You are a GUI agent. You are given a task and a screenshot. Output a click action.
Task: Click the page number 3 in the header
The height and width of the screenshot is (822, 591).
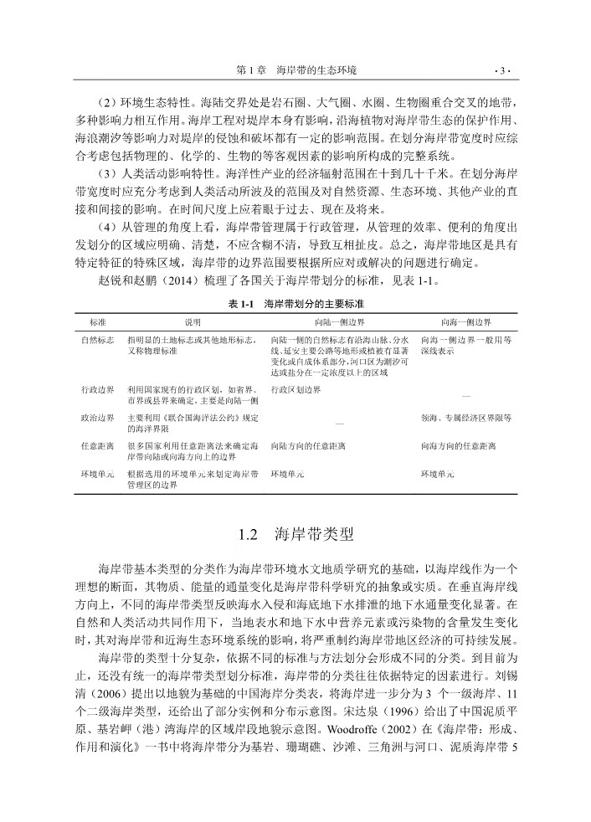[500, 69]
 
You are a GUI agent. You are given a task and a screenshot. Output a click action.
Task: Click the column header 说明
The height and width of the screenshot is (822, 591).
[193, 321]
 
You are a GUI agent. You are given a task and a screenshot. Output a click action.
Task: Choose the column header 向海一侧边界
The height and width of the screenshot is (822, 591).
[466, 321]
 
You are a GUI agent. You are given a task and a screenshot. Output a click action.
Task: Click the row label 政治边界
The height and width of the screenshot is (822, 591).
[97, 416]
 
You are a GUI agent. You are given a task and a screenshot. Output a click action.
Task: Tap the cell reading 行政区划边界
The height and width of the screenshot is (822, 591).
[295, 390]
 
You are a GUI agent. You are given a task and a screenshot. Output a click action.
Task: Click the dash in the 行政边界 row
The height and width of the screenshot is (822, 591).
[466, 395]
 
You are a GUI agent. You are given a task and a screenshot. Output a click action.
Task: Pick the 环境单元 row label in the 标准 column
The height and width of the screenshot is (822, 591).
[97, 474]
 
